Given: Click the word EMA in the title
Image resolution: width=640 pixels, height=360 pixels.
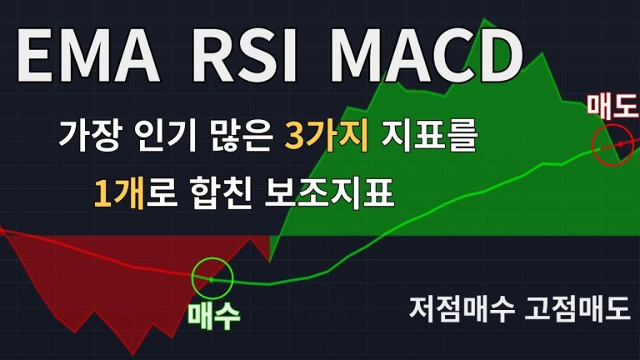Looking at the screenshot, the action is [88, 57].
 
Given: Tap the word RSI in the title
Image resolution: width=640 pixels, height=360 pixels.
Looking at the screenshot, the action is [244, 57].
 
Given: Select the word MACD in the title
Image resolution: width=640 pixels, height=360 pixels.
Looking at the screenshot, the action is [426, 57].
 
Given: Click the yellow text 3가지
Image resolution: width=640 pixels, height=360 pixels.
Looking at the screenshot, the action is [327, 136].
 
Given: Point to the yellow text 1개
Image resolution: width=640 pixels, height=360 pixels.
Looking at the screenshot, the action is [118, 193].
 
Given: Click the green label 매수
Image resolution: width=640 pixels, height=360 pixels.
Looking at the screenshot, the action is [213, 316].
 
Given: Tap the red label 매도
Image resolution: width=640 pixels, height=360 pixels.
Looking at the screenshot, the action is [612, 105].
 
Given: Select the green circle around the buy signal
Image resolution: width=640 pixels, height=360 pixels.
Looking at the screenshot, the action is [212, 258].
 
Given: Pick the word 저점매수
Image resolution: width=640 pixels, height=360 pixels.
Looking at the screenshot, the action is [462, 309].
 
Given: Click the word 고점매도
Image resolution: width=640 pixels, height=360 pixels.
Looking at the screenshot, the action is [577, 309].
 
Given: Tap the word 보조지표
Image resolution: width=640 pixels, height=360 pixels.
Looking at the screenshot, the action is [329, 193].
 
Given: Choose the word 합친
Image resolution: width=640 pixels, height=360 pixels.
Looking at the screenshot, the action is [220, 193].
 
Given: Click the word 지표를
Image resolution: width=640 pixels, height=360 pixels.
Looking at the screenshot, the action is [429, 136].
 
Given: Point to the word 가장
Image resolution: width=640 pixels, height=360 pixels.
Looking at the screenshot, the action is [90, 136].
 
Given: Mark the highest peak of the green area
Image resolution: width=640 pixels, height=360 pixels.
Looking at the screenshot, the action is [484, 19].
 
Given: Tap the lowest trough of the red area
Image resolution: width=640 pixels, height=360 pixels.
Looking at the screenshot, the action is [133, 354].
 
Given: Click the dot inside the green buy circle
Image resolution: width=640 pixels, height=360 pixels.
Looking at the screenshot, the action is [211, 280].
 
